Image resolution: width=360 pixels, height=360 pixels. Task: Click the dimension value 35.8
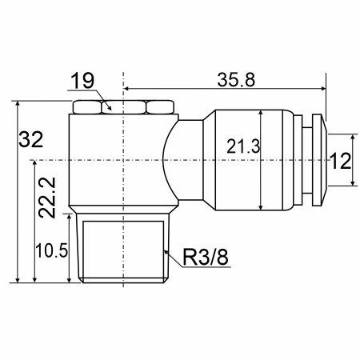pos(236,80)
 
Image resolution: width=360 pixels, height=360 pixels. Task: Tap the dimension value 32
pos(31,139)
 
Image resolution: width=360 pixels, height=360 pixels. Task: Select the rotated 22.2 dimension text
pos(47,198)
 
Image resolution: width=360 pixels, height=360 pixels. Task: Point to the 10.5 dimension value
pos(52,250)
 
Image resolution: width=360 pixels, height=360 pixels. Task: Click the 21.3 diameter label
pos(243,146)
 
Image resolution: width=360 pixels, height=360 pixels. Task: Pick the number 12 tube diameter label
pos(341,161)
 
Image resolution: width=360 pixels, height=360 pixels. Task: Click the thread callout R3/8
pos(206,257)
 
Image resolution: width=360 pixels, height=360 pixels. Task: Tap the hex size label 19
pos(82,81)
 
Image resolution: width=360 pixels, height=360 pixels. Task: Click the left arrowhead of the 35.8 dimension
pos(127,88)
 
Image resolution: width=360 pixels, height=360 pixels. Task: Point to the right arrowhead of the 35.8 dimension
pos(322,88)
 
